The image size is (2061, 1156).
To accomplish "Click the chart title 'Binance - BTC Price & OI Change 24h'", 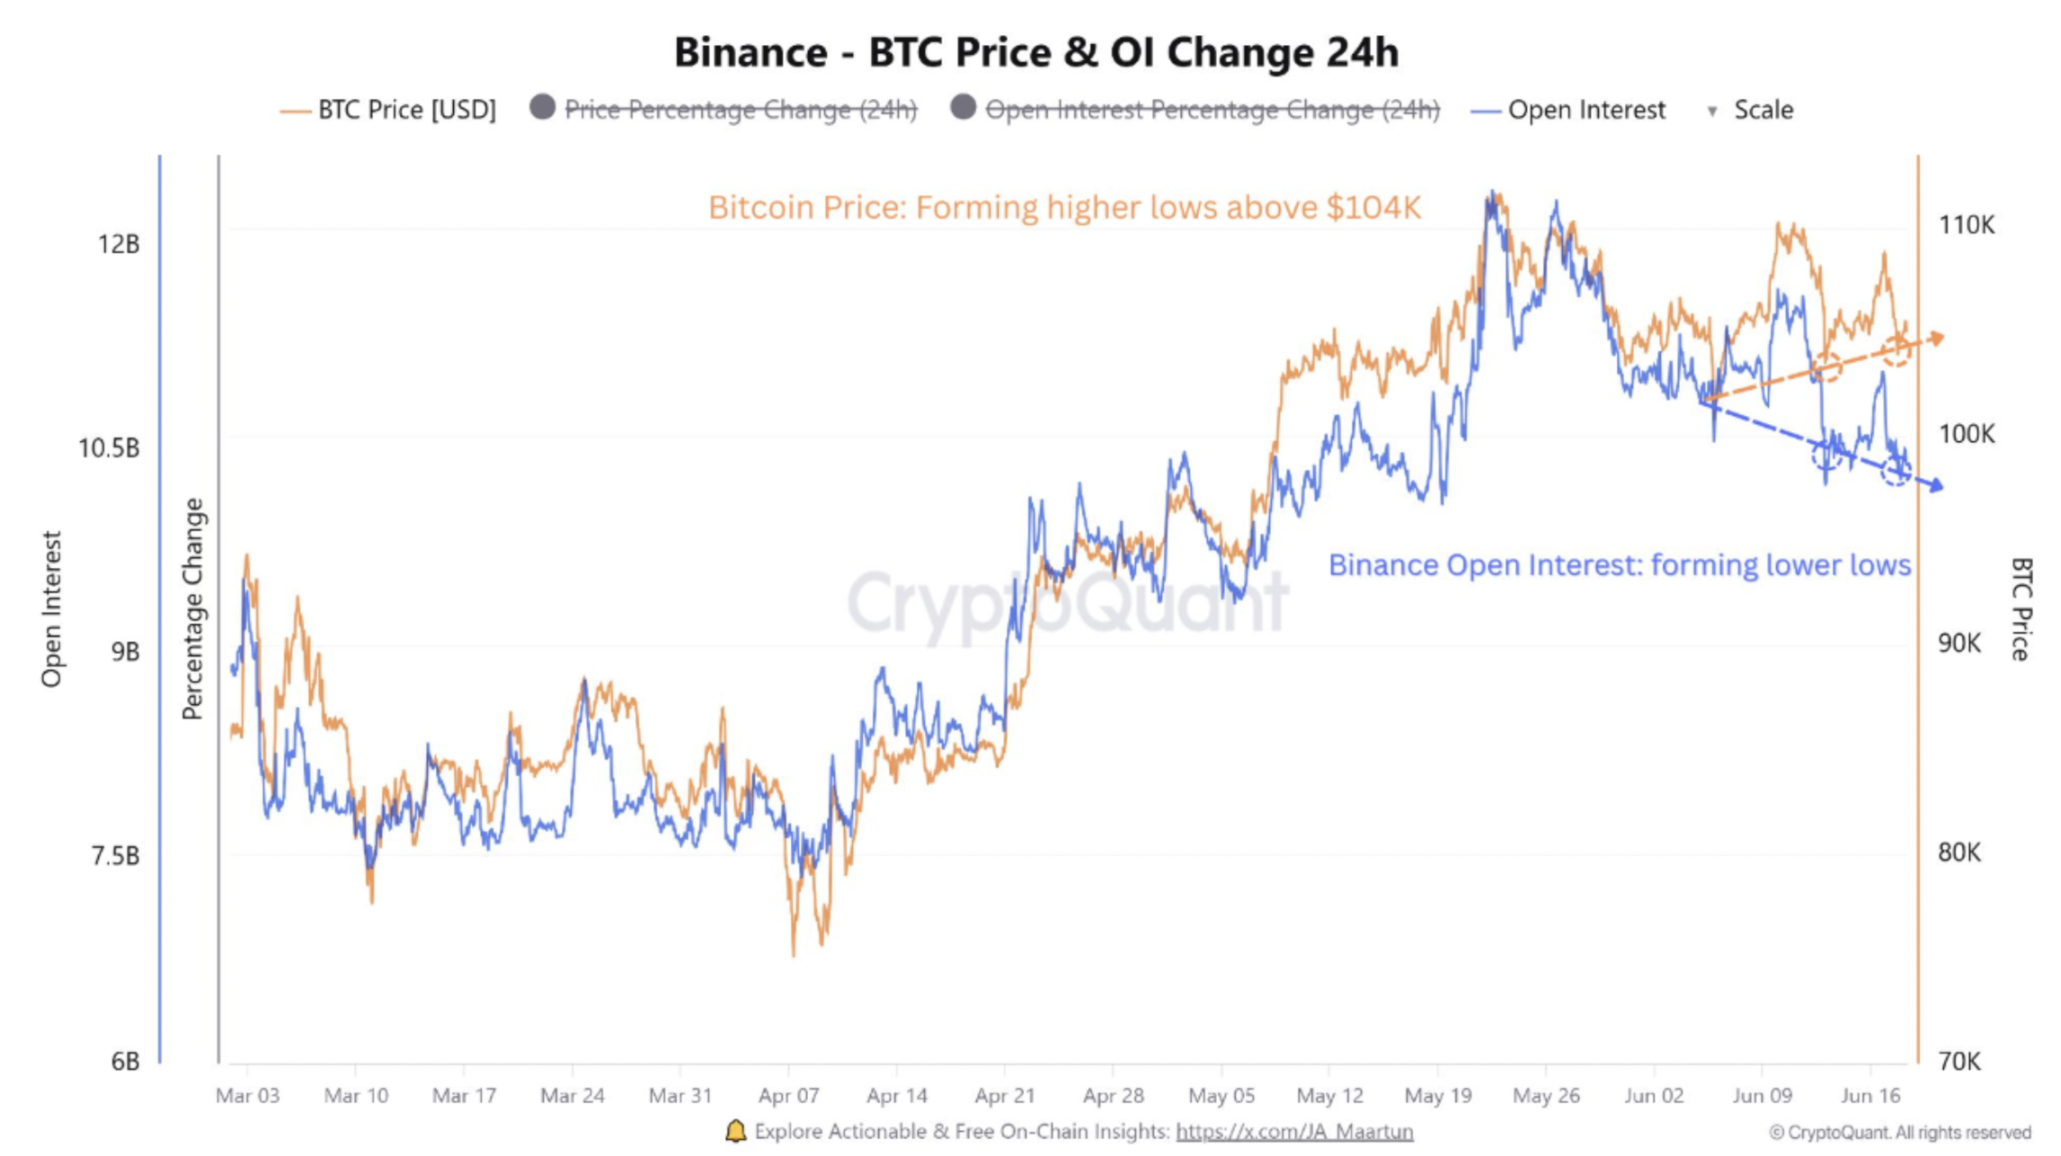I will pos(1036,52).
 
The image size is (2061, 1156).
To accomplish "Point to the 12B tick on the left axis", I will pos(120,244).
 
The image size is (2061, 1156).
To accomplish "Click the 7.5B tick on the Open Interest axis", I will pos(115,854).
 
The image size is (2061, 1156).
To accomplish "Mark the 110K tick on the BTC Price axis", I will pos(1966,225).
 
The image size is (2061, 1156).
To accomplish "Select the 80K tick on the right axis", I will pos(1960,852).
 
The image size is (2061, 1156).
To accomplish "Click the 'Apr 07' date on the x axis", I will pos(788,1096).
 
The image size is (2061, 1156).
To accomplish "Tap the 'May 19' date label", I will pos(1438,1096).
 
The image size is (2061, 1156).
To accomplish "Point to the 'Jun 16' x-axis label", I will pos(1870,1096).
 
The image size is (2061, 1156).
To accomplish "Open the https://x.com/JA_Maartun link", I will pos(1294,1132).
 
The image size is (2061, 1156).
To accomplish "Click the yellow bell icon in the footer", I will pos(736,1131).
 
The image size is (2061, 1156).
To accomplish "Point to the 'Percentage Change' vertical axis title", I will pos(193,609).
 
